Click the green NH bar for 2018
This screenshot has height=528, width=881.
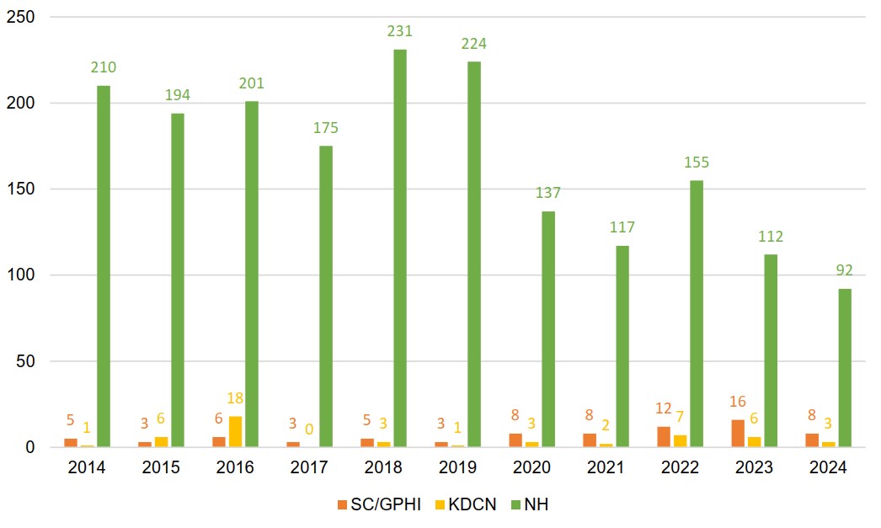(x=400, y=248)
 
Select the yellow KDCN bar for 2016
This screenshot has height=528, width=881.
(x=235, y=432)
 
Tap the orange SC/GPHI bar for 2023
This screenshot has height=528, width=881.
(x=738, y=434)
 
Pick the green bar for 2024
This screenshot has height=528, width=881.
(x=845, y=368)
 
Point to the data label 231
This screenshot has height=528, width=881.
(x=400, y=32)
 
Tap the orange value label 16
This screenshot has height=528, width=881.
(x=738, y=403)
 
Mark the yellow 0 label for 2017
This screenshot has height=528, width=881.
(x=309, y=430)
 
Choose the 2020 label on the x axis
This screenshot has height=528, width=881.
(x=531, y=468)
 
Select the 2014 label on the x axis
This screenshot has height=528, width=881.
(x=87, y=468)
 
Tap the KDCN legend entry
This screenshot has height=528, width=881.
(x=467, y=504)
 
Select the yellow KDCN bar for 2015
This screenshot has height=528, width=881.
(x=161, y=442)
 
